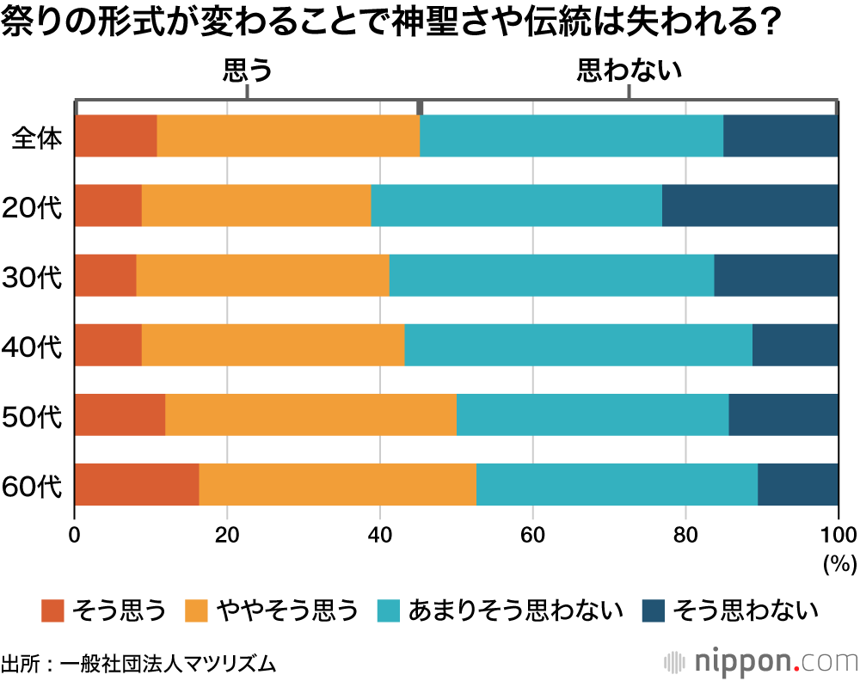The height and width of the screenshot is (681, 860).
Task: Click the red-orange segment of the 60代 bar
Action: coord(137,484)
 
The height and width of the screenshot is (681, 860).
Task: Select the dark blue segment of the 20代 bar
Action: coord(750,206)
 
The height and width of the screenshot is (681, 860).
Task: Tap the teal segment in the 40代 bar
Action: coord(578,345)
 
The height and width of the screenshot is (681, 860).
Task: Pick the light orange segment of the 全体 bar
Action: coord(288,136)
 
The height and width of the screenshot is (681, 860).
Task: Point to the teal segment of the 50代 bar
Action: coord(593,414)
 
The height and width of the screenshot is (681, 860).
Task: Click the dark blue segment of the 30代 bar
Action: coord(776,275)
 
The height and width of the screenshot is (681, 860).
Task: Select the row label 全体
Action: coord(37,137)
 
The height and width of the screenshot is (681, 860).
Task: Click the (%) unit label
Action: coord(836,563)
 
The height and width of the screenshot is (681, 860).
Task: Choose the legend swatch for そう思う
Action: coord(53,610)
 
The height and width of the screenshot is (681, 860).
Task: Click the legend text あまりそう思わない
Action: coord(516,610)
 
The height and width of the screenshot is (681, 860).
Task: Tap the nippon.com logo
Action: coord(761,662)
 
